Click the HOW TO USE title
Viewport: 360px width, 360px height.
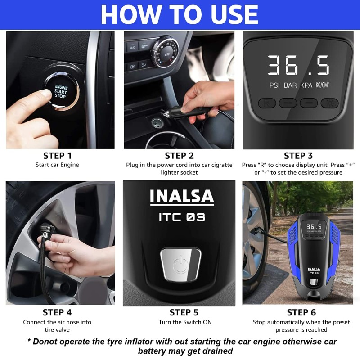pos(180,14)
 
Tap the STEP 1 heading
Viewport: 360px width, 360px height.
pos(57,156)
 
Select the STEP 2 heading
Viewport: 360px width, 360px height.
pos(179,156)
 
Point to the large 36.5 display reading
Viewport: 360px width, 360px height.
pos(298,65)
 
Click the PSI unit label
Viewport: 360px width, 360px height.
pos(274,85)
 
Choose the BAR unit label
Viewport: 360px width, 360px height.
pos(290,85)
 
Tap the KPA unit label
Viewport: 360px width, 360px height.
pos(306,85)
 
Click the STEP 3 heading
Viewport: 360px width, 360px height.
pos(298,156)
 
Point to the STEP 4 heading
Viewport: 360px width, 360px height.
pos(57,312)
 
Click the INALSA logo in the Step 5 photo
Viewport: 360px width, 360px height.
pos(182,197)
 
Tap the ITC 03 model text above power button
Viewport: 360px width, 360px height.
pos(182,217)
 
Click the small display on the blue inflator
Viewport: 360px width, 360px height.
pos(314,227)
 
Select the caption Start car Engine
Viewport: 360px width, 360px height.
pos(57,165)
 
